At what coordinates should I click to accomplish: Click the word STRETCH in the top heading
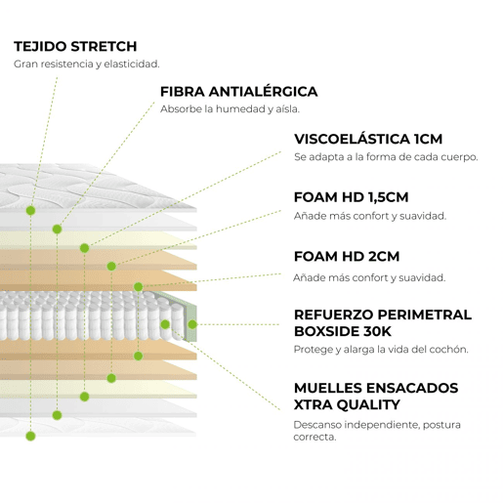[104, 46]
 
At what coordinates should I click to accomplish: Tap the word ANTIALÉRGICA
[263, 92]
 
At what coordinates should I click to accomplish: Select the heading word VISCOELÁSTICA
[352, 139]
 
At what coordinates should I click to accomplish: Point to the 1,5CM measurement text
[388, 197]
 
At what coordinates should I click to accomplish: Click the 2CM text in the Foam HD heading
[384, 257]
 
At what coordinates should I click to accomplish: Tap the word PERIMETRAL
[425, 314]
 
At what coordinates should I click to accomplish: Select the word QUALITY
[368, 404]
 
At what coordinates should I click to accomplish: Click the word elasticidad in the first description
[132, 64]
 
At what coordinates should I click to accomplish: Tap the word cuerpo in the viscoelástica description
[459, 157]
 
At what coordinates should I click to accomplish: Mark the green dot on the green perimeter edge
[192, 324]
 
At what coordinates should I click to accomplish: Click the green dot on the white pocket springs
[165, 324]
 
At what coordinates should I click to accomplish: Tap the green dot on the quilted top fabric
[30, 211]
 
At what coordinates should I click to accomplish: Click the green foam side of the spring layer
[189, 314]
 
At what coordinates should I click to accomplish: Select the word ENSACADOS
[412, 388]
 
